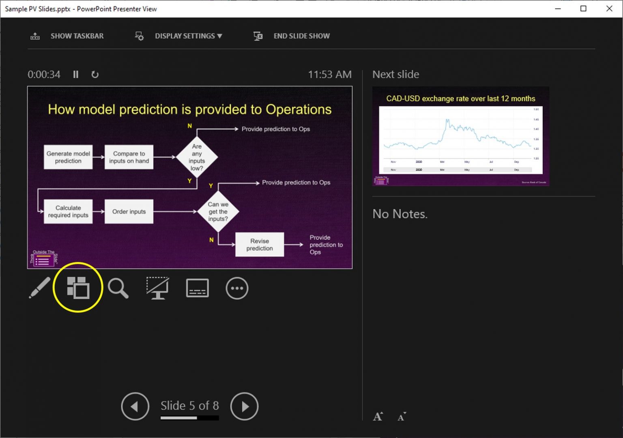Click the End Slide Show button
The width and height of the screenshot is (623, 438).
pyautogui.click(x=292, y=36)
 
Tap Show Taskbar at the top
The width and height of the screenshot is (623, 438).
pyautogui.click(x=67, y=36)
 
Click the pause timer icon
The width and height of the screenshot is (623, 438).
pyautogui.click(x=76, y=75)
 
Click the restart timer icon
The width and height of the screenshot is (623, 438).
pyautogui.click(x=95, y=75)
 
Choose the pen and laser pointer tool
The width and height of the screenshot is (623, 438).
pyautogui.click(x=39, y=288)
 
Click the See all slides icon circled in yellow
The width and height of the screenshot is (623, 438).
pyautogui.click(x=78, y=288)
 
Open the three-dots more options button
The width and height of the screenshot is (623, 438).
pyautogui.click(x=237, y=288)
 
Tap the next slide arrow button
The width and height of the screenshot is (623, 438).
pyautogui.click(x=244, y=406)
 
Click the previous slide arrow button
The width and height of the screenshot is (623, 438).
pyautogui.click(x=135, y=406)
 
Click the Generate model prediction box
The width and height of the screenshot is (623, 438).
pyautogui.click(x=68, y=157)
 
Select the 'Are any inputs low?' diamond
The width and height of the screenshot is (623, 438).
pyautogui.click(x=197, y=157)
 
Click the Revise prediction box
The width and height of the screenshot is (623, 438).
pyautogui.click(x=260, y=245)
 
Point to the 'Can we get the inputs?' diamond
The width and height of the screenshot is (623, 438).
pyautogui.click(x=218, y=212)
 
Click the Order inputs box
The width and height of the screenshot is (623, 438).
pyautogui.click(x=129, y=212)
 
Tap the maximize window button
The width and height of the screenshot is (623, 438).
pyautogui.click(x=583, y=9)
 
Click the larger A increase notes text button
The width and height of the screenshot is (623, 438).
pyautogui.click(x=378, y=417)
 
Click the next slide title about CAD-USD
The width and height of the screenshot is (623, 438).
pyautogui.click(x=460, y=98)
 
